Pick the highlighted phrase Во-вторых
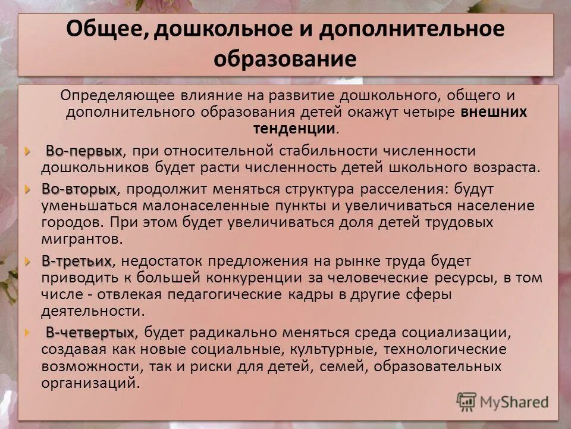(x=79, y=189)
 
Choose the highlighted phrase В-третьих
(x=76, y=261)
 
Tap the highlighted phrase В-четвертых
(x=90, y=332)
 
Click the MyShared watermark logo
(x=503, y=401)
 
